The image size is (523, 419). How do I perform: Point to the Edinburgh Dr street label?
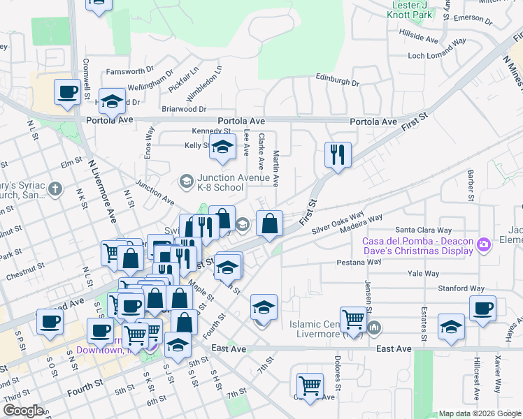337,79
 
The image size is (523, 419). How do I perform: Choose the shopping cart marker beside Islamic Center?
354,320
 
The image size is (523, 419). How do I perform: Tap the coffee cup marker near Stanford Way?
482,308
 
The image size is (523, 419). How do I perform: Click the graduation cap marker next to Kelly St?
222,147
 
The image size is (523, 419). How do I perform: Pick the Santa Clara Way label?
420,229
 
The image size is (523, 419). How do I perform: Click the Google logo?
23,411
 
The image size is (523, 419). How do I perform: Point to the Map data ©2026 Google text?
479,413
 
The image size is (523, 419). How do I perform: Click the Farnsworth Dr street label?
130,71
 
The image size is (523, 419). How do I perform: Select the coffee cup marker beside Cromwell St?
68,93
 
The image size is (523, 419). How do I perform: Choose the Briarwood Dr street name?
184,109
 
